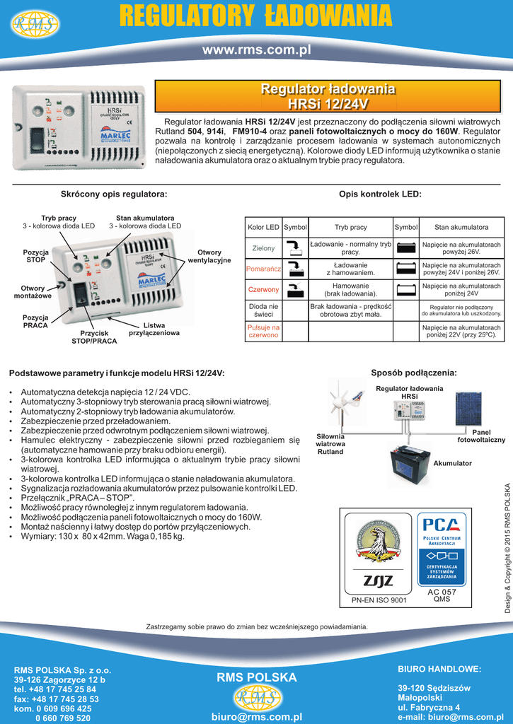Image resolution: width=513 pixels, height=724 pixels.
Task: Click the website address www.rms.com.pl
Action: click(x=256, y=50)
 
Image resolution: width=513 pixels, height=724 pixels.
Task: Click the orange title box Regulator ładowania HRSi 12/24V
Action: click(x=328, y=97)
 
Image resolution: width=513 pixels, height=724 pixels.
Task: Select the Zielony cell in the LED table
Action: click(x=263, y=248)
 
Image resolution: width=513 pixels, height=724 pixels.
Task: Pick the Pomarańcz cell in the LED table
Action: click(x=263, y=269)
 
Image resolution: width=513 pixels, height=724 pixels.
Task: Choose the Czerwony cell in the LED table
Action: click(x=263, y=290)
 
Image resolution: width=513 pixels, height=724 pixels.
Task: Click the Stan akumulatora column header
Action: click(x=461, y=228)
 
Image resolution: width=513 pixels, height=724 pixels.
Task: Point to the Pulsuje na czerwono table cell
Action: click(x=263, y=332)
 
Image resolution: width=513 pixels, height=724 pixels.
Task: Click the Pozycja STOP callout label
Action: click(x=36, y=256)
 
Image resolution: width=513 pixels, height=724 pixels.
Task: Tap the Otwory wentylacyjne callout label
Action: click(x=209, y=256)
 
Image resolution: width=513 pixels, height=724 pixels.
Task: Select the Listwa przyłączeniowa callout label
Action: click(x=154, y=329)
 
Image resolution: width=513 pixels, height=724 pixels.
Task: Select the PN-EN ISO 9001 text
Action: click(x=379, y=600)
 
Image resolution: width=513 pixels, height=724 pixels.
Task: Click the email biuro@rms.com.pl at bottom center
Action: click(x=256, y=716)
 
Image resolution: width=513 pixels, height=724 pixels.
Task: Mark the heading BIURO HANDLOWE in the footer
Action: click(x=439, y=669)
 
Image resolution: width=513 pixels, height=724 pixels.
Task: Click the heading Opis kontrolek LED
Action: click(x=380, y=194)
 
